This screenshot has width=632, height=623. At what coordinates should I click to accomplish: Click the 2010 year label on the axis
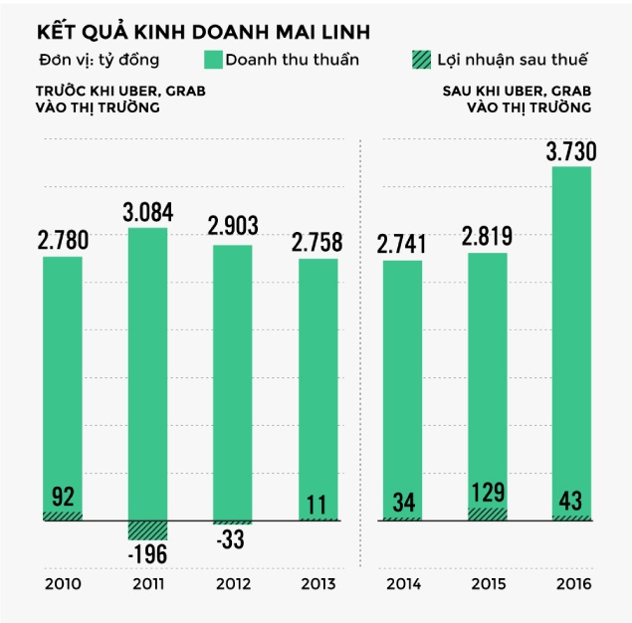(x=62, y=583)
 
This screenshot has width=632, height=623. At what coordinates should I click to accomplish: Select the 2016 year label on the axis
(x=572, y=583)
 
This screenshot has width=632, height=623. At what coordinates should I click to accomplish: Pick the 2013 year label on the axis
(x=318, y=583)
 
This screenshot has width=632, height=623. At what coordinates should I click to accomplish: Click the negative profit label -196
(x=147, y=554)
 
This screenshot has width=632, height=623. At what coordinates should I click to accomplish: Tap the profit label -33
(x=231, y=541)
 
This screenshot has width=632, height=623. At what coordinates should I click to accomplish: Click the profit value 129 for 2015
(x=487, y=492)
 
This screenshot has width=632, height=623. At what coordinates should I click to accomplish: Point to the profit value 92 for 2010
(x=62, y=497)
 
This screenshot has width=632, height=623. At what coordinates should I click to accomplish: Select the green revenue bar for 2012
(x=233, y=378)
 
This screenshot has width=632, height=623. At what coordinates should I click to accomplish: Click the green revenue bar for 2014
(x=402, y=388)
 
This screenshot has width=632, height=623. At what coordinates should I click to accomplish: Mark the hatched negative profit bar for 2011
(x=147, y=529)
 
